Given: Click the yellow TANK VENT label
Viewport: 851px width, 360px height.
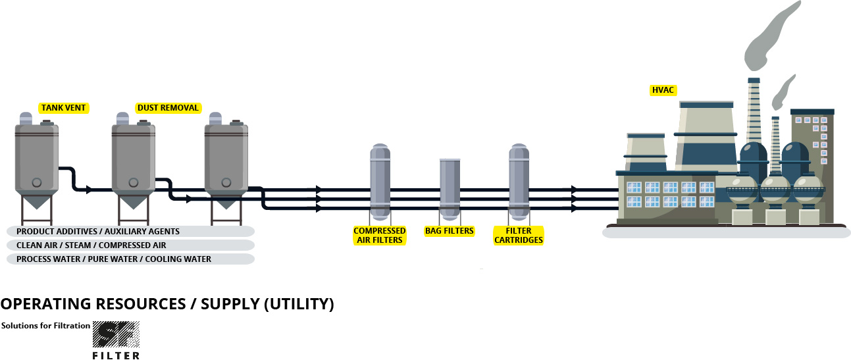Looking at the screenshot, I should (x=63, y=108).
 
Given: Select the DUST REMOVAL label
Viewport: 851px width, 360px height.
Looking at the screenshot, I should (x=168, y=108).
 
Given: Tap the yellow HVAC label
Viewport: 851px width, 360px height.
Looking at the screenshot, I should (x=663, y=90).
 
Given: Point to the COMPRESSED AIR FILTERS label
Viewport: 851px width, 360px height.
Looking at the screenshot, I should (x=380, y=236).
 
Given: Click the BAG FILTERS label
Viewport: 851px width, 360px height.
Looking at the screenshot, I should (x=450, y=231).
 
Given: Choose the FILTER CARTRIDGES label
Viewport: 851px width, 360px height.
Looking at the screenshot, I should (x=519, y=236).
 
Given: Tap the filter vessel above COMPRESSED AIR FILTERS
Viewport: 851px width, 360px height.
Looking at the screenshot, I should (x=380, y=181).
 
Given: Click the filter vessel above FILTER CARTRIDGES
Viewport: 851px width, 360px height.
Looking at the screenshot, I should (x=519, y=181).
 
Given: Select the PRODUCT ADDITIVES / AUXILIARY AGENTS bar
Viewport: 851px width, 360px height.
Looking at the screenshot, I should (x=130, y=232).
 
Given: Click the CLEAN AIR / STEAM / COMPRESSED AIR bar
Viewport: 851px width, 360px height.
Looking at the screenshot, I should (x=130, y=245).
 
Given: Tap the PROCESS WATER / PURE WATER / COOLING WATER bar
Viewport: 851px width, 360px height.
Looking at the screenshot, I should (x=130, y=259).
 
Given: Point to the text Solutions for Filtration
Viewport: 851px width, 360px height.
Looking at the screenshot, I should (x=45, y=326).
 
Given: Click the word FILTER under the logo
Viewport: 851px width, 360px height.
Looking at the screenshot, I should (x=116, y=355).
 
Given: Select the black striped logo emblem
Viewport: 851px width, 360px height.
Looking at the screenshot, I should (x=116, y=334).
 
